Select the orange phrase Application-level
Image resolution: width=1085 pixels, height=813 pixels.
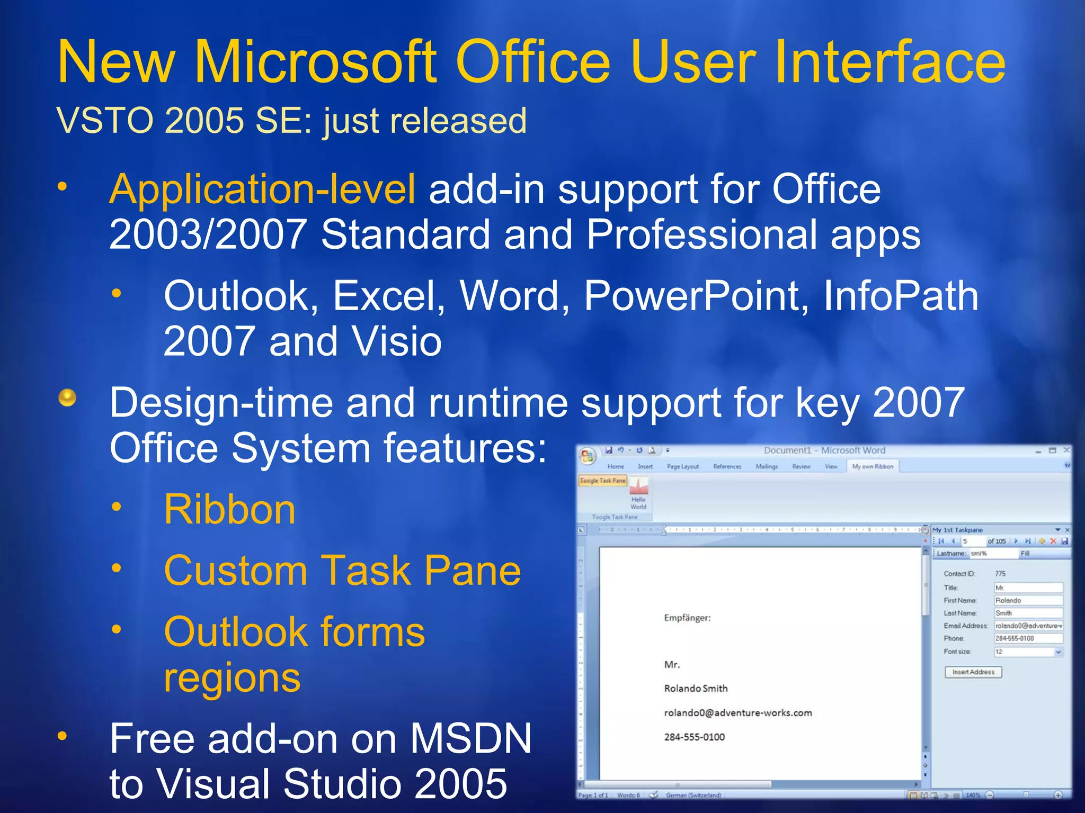(x=262, y=189)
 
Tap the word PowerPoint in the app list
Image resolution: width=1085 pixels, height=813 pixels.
(x=696, y=296)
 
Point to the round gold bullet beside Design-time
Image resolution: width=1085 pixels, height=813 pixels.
(x=67, y=398)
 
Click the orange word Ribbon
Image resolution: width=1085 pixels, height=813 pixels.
(x=229, y=510)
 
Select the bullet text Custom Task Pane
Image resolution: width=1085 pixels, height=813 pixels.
(x=342, y=571)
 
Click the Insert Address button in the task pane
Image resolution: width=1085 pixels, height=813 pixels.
(x=973, y=672)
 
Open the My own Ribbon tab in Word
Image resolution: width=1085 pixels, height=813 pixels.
(x=872, y=466)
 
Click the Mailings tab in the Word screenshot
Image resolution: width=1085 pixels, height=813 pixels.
(x=767, y=466)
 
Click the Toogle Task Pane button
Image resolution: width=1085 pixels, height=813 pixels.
(x=602, y=481)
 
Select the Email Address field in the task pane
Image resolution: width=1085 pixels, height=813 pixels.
(x=1028, y=626)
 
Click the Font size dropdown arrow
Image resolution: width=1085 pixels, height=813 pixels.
(x=1058, y=652)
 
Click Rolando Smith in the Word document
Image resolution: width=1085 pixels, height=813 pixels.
(x=696, y=689)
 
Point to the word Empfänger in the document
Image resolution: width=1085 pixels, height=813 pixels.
(x=687, y=618)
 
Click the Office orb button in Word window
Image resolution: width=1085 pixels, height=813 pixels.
(x=587, y=456)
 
